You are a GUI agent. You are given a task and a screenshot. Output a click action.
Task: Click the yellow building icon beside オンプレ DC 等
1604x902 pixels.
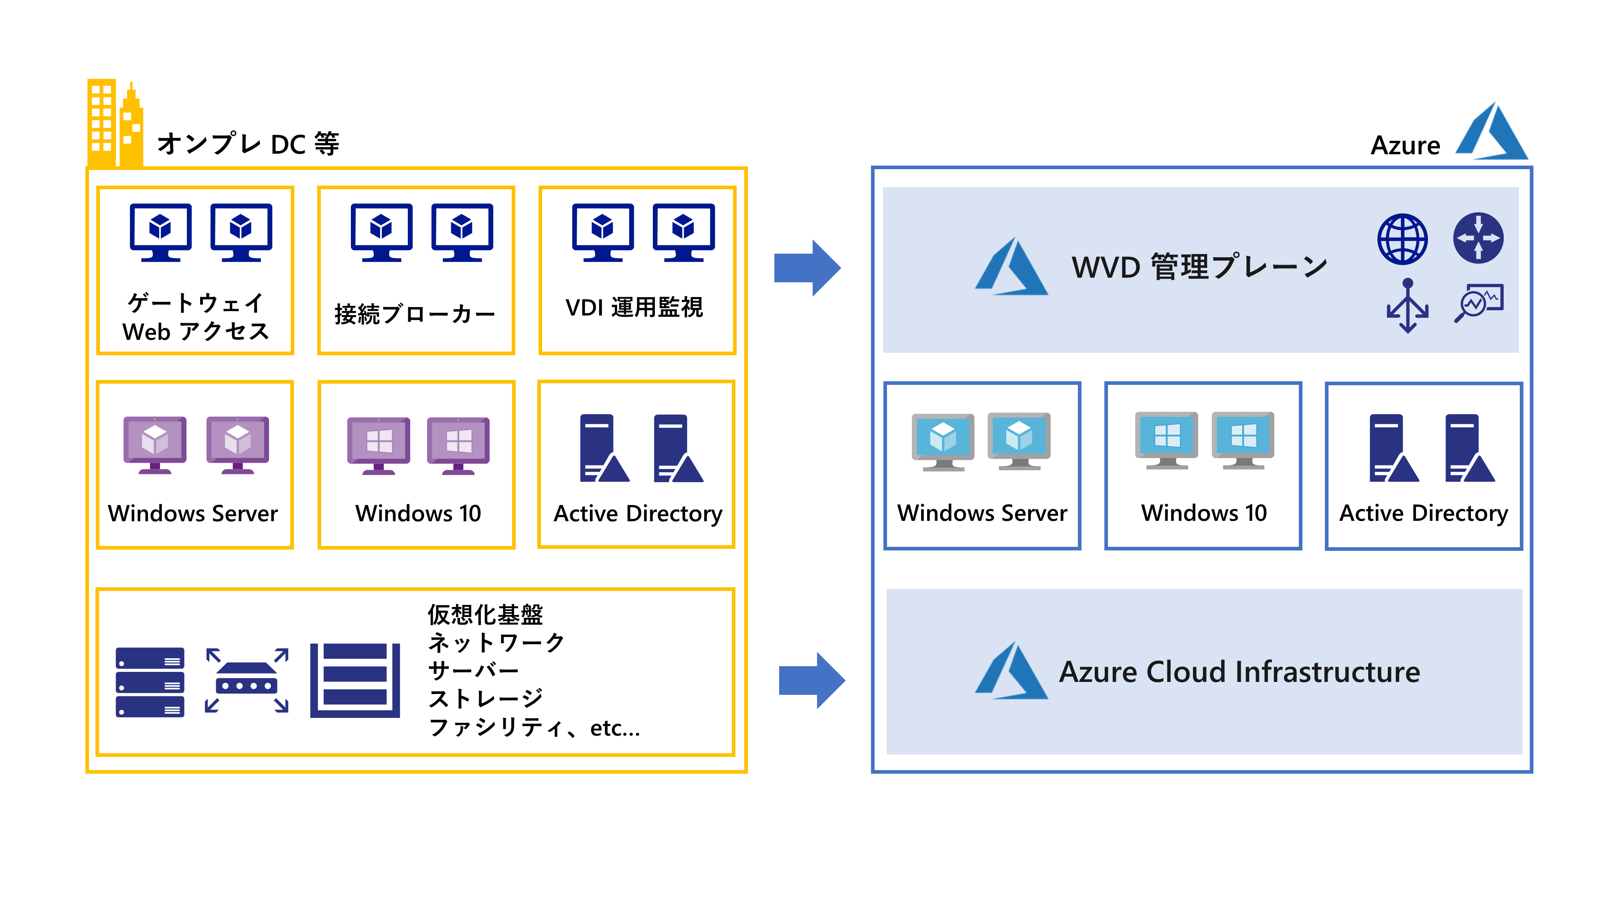115,123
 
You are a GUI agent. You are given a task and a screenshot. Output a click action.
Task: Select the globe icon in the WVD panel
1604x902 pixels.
1402,239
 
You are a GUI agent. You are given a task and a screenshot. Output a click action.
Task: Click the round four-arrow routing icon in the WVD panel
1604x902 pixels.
1478,238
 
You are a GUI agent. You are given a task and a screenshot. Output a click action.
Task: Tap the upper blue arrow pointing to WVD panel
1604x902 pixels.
807,268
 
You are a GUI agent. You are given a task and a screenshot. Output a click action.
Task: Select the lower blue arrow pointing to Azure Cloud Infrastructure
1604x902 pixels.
811,680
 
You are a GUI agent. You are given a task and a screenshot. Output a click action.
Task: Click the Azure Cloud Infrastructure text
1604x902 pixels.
1239,672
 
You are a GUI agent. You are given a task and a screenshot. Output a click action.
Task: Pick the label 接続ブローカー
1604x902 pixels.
415,314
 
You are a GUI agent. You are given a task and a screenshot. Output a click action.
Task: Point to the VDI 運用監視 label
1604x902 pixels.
634,307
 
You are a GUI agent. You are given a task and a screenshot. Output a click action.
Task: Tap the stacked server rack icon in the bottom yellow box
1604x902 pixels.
150,682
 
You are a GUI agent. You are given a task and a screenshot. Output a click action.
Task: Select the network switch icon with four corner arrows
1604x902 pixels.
247,680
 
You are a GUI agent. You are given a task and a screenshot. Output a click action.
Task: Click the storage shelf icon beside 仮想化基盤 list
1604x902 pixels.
355,680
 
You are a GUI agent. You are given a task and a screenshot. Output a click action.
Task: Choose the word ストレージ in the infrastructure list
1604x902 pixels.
486,698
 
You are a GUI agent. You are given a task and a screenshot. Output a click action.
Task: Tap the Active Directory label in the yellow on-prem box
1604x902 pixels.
638,514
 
